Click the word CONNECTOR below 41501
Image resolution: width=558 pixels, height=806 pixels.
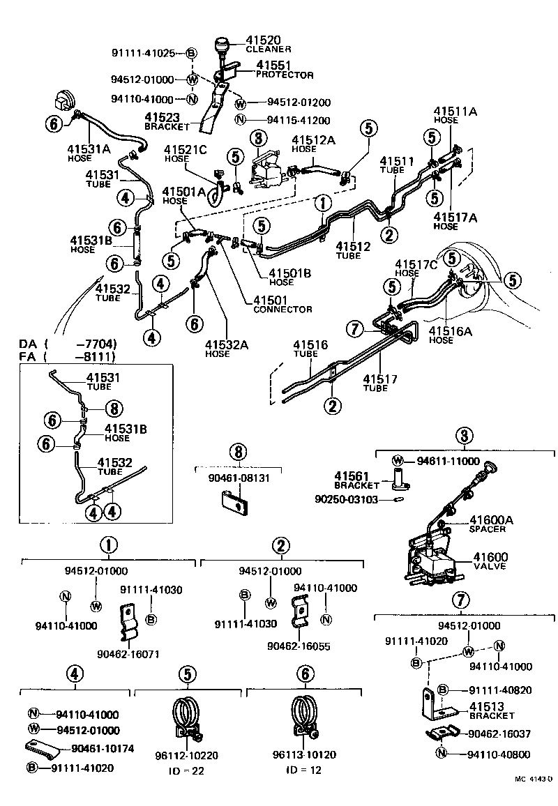click(282, 309)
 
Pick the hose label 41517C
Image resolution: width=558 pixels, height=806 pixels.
click(416, 264)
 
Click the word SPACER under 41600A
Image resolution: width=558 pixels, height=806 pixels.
click(488, 529)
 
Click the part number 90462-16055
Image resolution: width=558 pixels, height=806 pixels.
click(299, 646)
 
